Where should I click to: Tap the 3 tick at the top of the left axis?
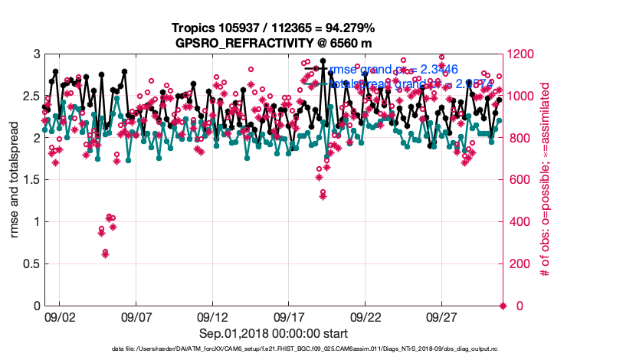click(x=37, y=54)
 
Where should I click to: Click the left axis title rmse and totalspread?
click(x=15, y=180)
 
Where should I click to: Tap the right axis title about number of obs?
click(x=546, y=180)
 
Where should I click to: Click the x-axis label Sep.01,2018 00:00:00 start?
click(x=274, y=333)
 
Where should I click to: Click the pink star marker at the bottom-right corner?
click(x=503, y=306)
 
